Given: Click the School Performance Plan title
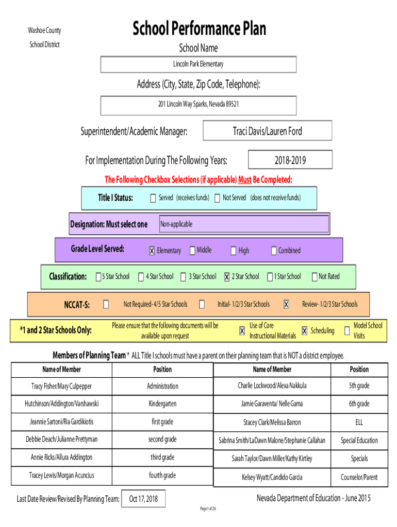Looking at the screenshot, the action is (x=199, y=28).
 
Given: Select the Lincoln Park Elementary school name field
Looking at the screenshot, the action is (x=198, y=64).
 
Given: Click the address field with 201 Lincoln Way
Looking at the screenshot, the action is (x=198, y=106).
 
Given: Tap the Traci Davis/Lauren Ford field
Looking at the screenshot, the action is (x=268, y=130).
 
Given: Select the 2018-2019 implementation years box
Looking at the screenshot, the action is (x=290, y=160).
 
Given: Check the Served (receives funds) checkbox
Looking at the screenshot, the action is (x=153, y=198).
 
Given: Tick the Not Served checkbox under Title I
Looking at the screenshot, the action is (x=218, y=198).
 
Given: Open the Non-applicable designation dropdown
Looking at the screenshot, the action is (x=244, y=224).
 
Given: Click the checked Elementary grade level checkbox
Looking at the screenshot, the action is (x=152, y=251).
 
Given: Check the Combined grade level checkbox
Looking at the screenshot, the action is (x=274, y=251).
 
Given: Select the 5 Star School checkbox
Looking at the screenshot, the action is (x=98, y=276).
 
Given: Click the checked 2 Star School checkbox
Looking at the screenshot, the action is (x=227, y=276).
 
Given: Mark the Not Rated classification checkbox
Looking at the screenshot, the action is (x=315, y=276).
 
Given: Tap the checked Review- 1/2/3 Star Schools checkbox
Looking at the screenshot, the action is (x=286, y=304).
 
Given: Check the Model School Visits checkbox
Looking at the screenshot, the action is (x=347, y=331).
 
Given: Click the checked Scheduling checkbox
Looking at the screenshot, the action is (x=304, y=331).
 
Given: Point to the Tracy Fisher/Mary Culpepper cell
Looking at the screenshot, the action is (x=62, y=386).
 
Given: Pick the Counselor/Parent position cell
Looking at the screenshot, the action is (x=359, y=477).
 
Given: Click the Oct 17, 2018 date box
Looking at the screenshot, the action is (x=143, y=499).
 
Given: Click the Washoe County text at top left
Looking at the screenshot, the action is (x=44, y=30).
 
